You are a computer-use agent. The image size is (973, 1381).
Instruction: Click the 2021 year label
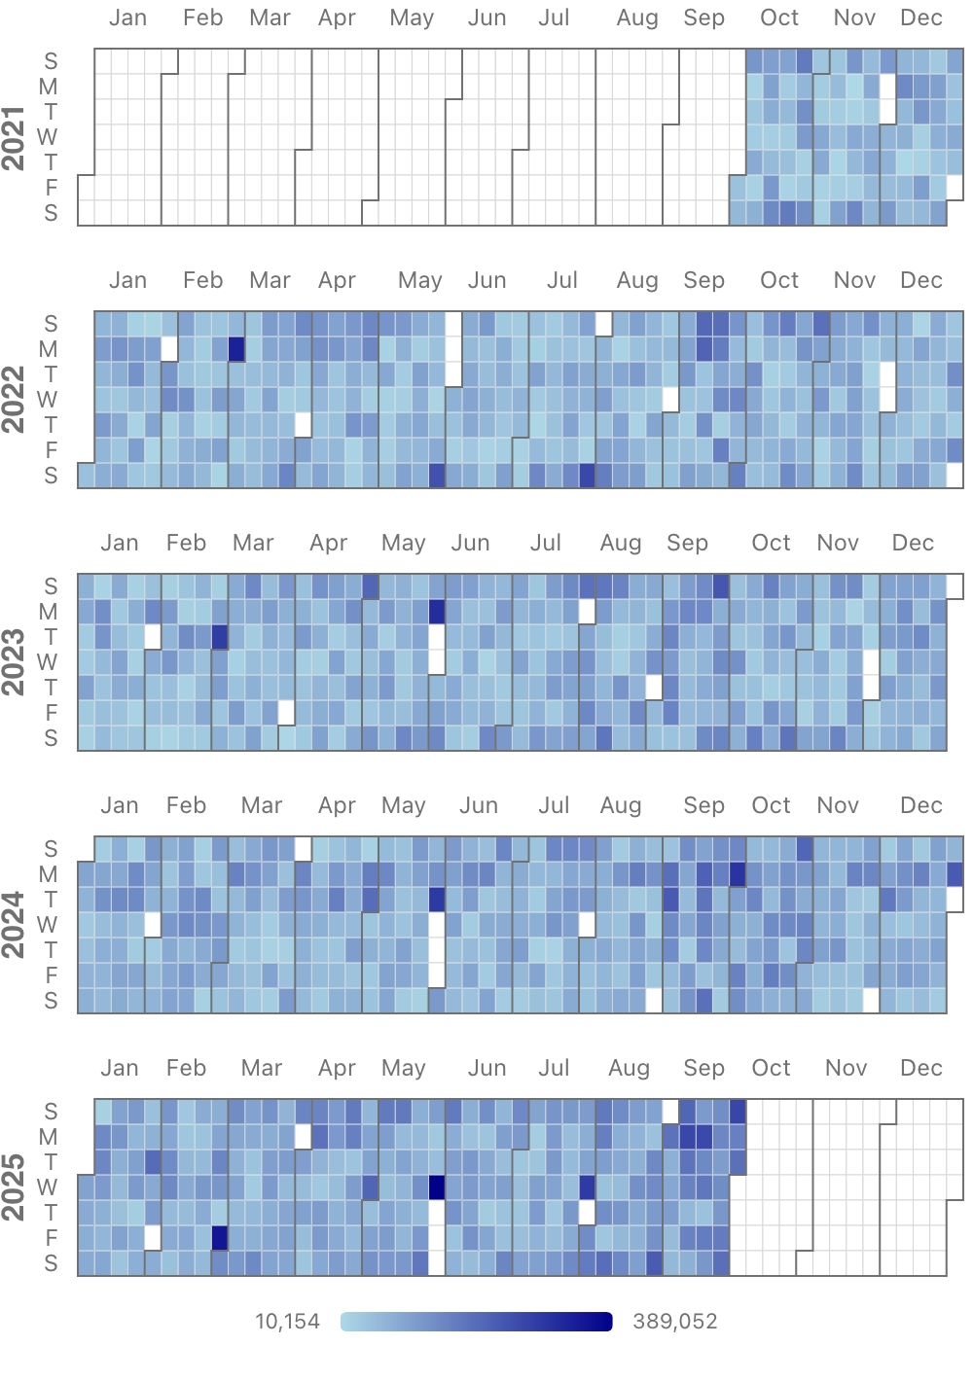[14, 138]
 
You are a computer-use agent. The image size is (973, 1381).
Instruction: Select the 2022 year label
[14, 400]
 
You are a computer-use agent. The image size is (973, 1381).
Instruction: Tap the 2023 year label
[14, 662]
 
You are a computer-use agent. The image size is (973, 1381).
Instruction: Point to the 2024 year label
[14, 925]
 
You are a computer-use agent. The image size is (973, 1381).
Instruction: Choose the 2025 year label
[14, 1187]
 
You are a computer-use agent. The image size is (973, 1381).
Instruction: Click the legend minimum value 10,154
[287, 1322]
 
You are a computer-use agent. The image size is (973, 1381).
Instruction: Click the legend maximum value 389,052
[675, 1322]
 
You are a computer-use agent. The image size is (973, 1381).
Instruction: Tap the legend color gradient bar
[477, 1322]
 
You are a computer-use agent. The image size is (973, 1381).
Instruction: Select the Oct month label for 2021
[779, 18]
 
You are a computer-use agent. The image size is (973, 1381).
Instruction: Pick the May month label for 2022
[420, 281]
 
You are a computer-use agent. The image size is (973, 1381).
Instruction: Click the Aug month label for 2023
[621, 544]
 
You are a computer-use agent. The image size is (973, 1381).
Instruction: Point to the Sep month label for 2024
[703, 806]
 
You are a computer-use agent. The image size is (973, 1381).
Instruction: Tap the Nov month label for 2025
[846, 1069]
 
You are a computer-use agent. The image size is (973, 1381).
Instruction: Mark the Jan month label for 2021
[127, 18]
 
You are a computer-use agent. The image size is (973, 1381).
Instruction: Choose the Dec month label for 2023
[913, 544]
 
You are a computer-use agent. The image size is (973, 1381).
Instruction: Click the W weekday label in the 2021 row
[48, 138]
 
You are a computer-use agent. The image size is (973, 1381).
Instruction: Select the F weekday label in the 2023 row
[51, 714]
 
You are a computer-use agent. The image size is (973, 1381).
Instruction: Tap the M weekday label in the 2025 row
[48, 1138]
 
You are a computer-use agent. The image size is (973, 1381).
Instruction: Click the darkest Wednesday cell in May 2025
[437, 1187]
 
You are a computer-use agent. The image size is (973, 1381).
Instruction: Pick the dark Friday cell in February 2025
[220, 1238]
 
